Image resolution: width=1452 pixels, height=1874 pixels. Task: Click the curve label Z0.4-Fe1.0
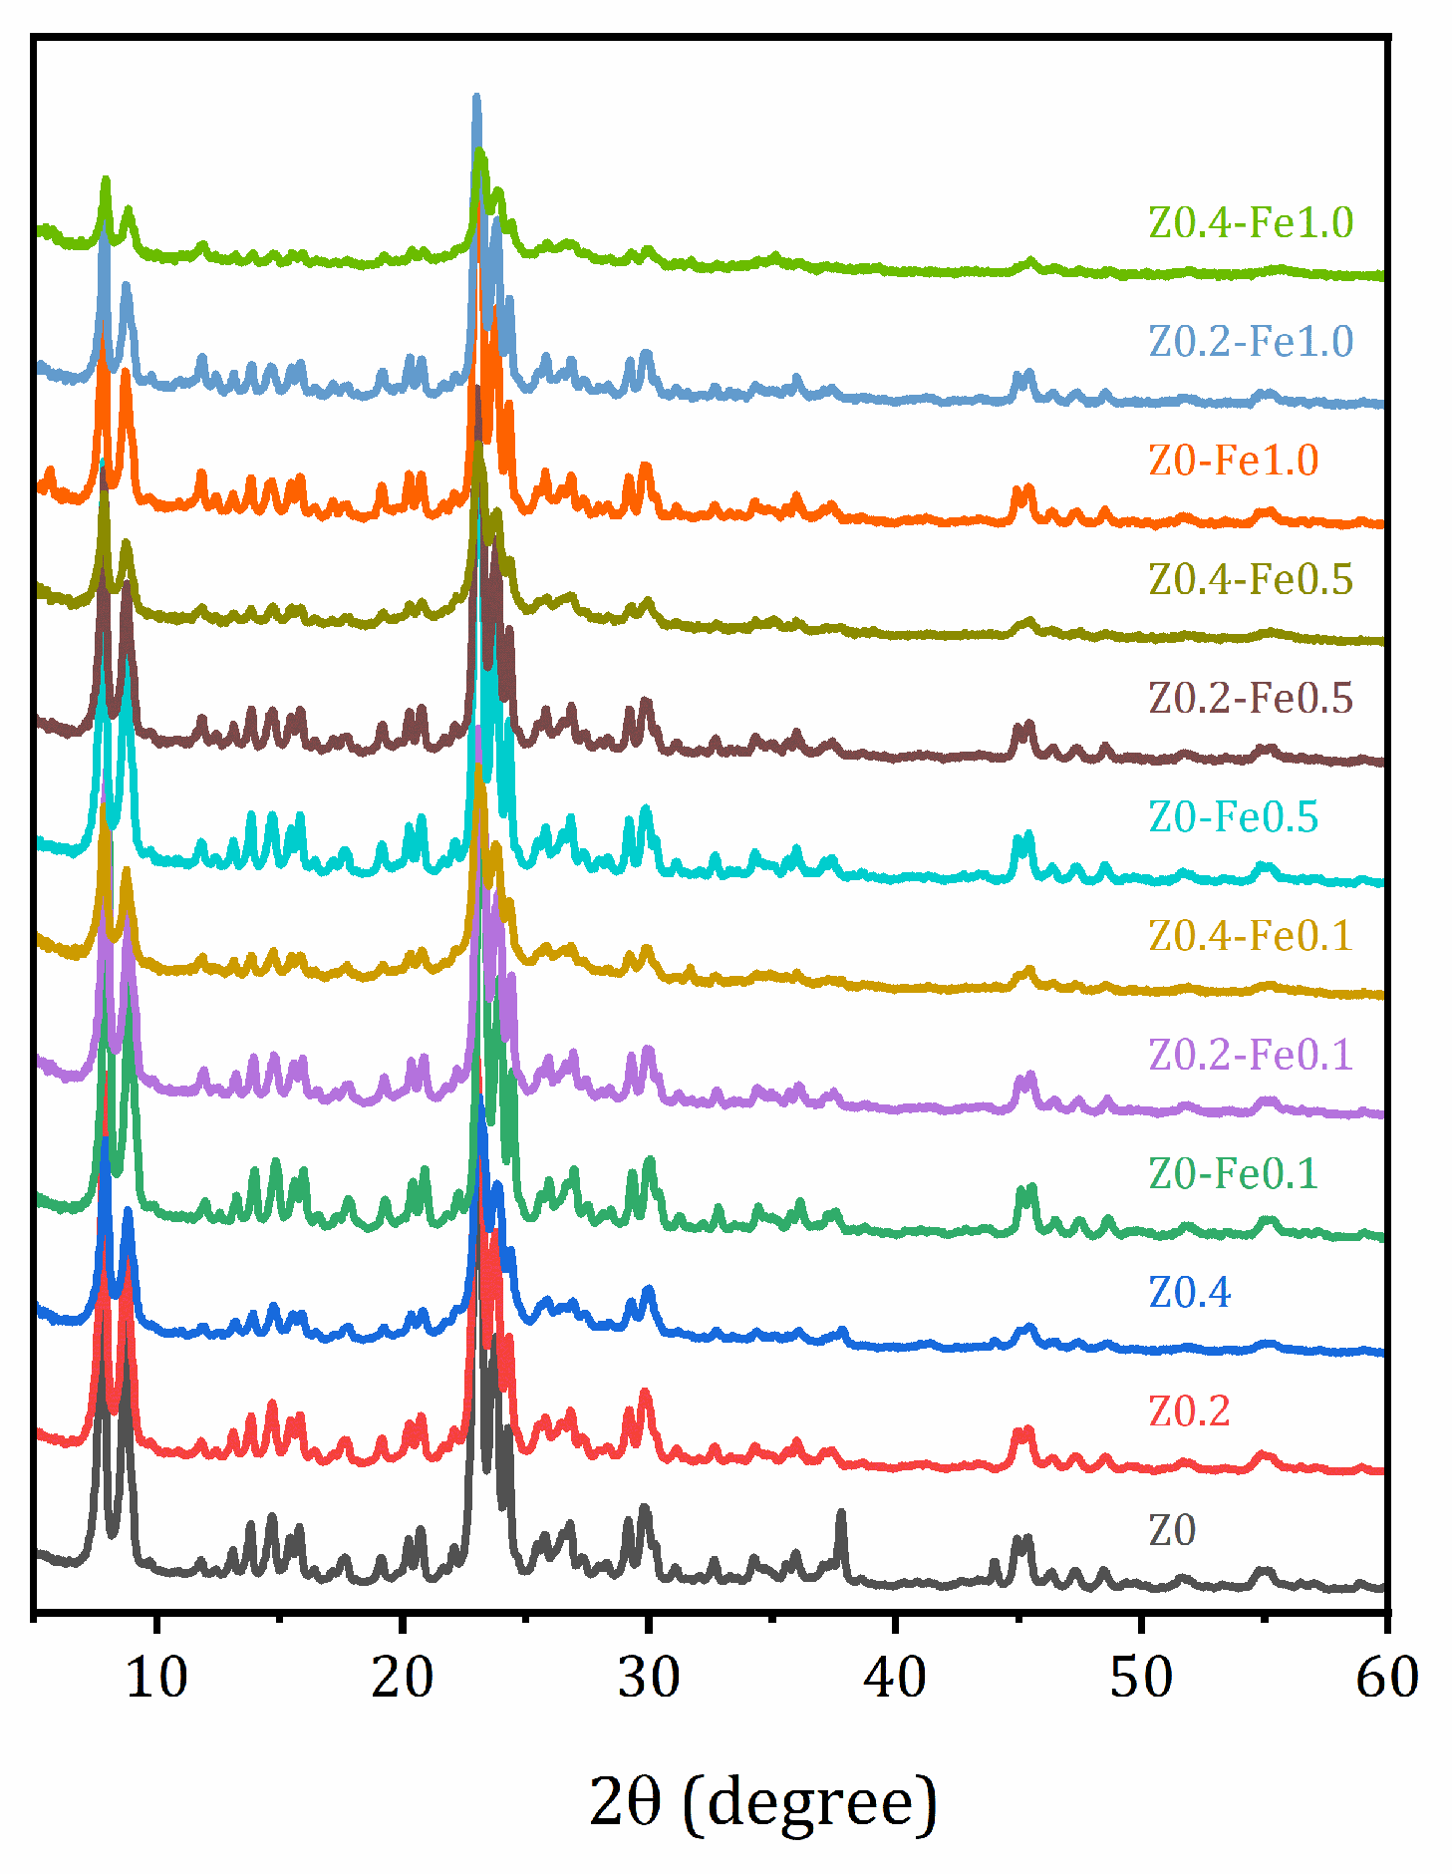[1251, 222]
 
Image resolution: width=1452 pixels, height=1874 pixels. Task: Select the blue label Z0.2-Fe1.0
[1251, 341]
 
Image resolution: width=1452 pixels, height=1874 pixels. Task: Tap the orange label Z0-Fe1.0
[1233, 460]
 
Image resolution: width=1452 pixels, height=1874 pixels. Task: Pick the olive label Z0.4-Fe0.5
[1251, 578]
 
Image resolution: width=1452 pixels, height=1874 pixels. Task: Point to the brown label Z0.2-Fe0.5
[1251, 698]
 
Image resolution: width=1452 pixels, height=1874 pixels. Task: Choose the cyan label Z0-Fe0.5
[1233, 816]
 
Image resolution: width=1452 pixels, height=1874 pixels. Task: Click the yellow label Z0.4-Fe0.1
[1251, 935]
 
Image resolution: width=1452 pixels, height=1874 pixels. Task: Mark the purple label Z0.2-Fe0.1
[1251, 1054]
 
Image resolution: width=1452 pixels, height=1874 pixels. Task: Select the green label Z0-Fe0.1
[1233, 1173]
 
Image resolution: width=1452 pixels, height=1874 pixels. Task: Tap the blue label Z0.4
[1189, 1292]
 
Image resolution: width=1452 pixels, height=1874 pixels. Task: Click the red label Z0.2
[1189, 1410]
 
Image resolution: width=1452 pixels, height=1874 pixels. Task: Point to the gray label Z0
[1171, 1529]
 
